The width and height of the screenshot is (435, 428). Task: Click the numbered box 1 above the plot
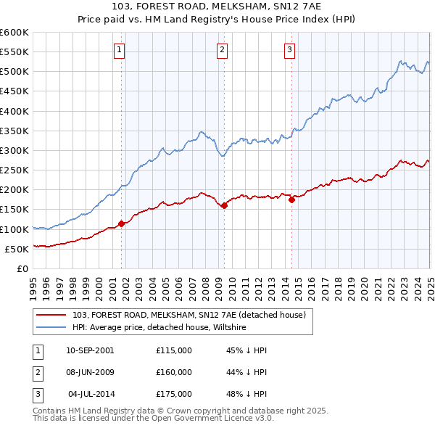coord(118,50)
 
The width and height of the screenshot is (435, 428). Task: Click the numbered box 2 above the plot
coord(221,50)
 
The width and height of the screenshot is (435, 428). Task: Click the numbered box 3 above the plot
coord(289,50)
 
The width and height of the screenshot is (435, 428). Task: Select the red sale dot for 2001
coord(121,223)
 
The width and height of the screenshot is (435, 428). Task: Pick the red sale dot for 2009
coord(224,205)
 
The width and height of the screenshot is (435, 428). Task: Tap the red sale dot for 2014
coord(291,199)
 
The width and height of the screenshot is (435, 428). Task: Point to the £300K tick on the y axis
coord(14,150)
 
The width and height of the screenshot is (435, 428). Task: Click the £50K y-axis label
coord(17,249)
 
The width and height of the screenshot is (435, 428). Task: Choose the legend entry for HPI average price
coord(159,327)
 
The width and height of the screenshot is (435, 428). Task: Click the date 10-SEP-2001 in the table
coord(90,351)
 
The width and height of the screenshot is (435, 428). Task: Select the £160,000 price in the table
coord(174,372)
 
